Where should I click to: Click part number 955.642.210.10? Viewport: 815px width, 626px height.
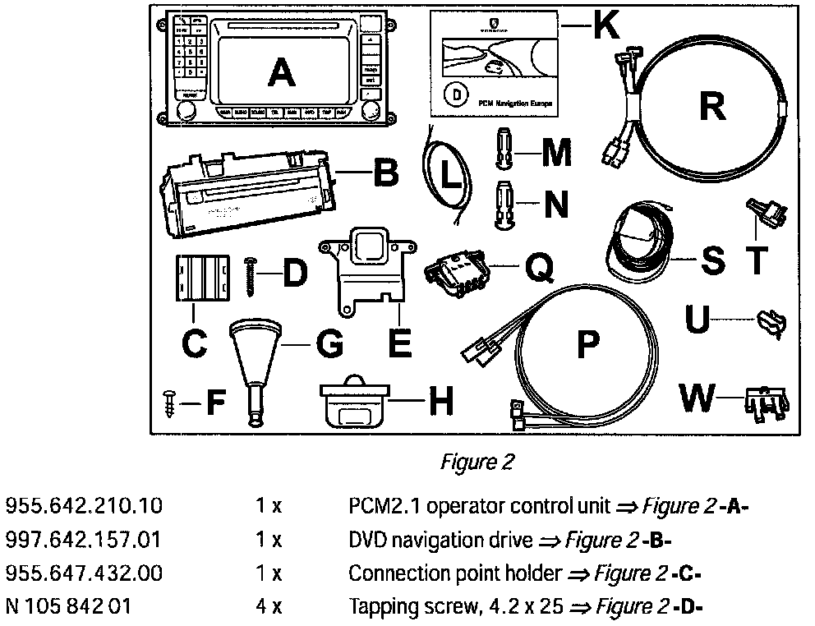[84, 506]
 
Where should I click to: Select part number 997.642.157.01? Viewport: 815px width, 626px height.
[84, 540]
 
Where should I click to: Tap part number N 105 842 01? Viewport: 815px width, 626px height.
[68, 607]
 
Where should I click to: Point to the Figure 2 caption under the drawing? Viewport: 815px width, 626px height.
[477, 463]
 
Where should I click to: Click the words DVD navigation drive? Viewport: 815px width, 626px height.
[440, 540]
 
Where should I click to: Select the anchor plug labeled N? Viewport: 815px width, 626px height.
[504, 202]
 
